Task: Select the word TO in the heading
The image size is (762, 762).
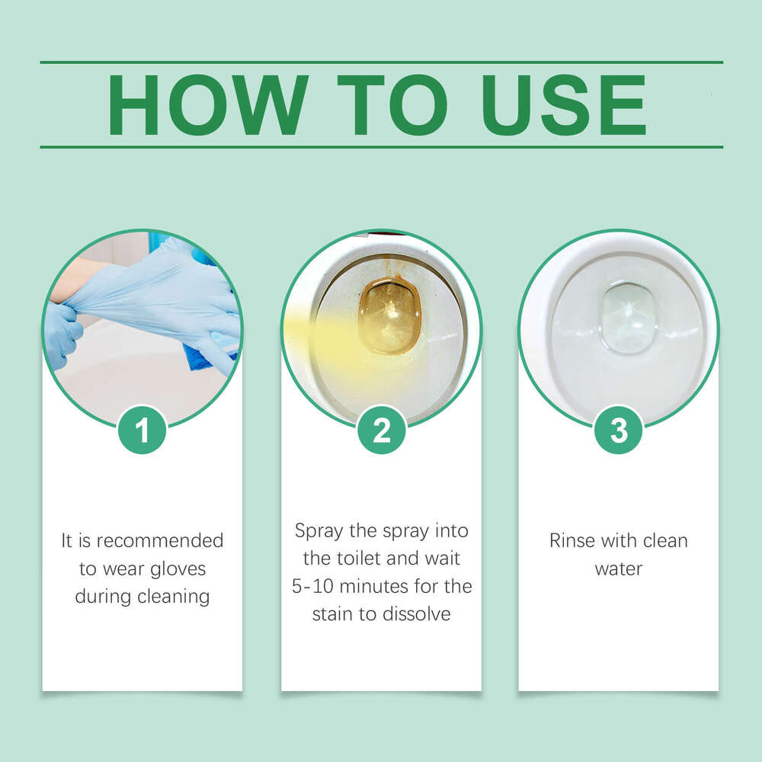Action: [x=392, y=105]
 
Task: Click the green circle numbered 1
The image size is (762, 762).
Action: [x=142, y=430]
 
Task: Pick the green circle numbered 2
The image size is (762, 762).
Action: [x=381, y=430]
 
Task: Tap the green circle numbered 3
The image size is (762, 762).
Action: [x=618, y=430]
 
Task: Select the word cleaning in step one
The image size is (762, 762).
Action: [x=174, y=596]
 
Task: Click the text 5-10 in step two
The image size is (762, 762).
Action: [x=312, y=586]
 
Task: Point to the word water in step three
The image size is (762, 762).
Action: [x=618, y=568]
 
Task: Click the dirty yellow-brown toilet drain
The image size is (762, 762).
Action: [x=389, y=314]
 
